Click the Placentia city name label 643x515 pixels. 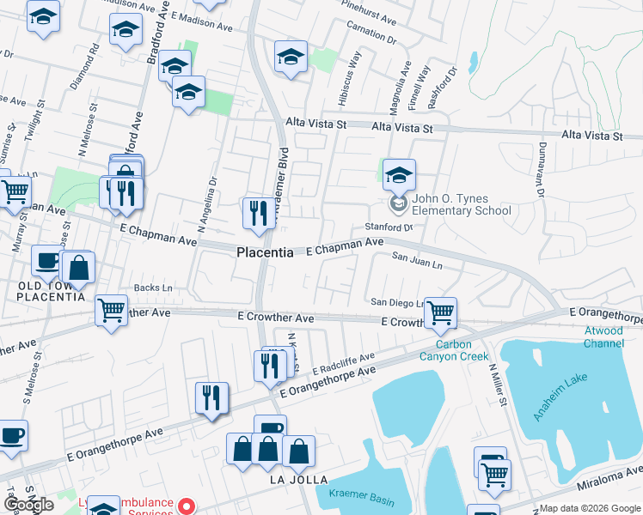(265, 253)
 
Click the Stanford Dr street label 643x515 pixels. (389, 227)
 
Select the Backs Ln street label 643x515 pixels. (153, 288)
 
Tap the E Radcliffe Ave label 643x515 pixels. (344, 363)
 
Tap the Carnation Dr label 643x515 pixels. (371, 33)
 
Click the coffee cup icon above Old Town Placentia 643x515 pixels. (46, 259)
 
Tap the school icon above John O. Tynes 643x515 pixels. (399, 174)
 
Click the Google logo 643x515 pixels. (29, 505)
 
